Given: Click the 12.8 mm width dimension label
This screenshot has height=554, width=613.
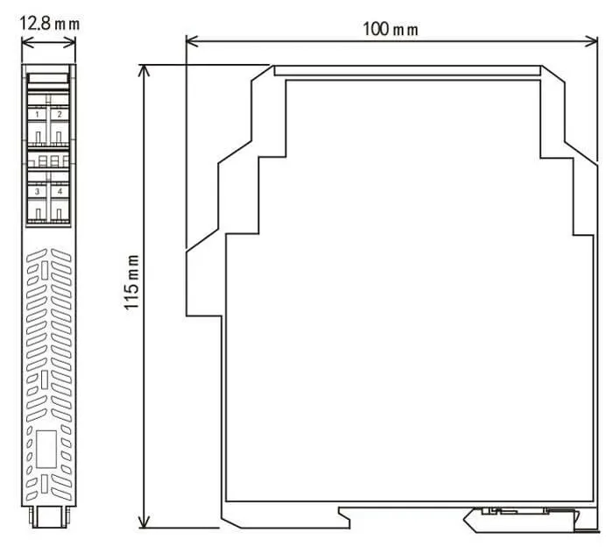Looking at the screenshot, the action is [50, 24].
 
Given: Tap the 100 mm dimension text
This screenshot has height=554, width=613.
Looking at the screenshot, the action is [391, 29].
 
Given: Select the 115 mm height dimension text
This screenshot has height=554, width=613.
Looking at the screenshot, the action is [131, 281].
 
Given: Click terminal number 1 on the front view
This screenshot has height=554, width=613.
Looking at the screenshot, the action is [38, 114].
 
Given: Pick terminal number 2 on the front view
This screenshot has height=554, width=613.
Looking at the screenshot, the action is [60, 114].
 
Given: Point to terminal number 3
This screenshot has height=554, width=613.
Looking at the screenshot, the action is [38, 191].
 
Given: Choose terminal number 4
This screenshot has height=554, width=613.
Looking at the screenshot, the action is [60, 191].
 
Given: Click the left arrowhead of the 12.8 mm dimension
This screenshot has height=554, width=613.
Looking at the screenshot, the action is [25, 42].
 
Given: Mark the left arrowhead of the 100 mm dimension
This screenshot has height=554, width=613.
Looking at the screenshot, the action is [191, 40].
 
